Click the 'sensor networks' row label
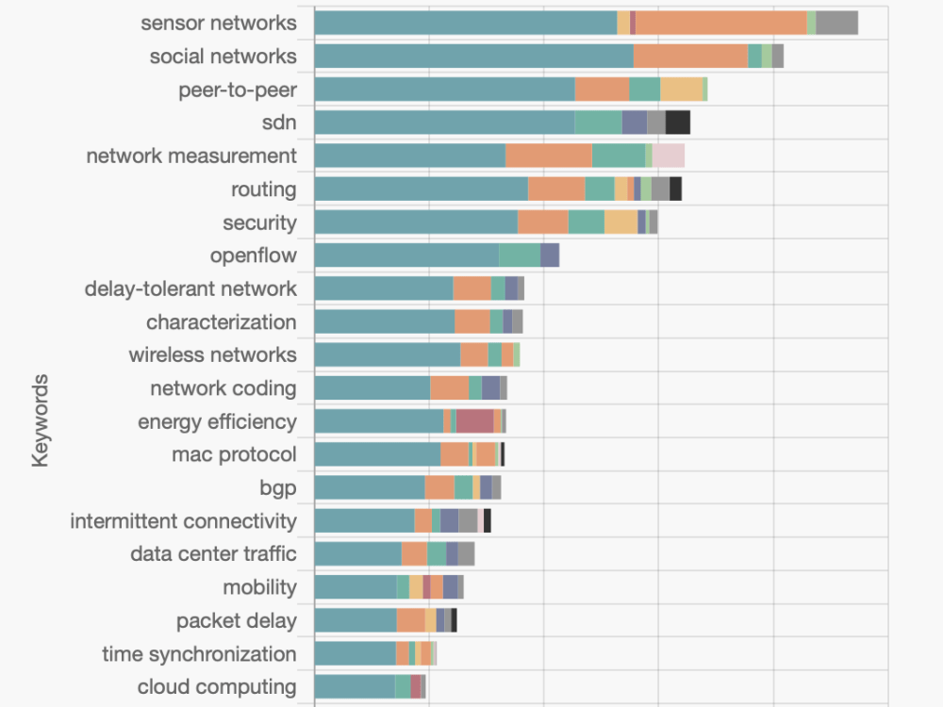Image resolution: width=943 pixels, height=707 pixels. point(218,23)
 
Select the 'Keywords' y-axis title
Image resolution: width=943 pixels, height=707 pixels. point(40,420)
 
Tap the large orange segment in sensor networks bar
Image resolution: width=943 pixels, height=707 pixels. point(720,23)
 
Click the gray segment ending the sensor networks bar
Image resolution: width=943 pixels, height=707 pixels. point(836,23)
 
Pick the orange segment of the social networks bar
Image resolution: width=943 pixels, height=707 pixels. point(690,57)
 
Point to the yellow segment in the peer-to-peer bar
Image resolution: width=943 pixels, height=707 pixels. point(681,90)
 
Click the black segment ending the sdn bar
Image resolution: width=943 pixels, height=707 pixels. point(677,123)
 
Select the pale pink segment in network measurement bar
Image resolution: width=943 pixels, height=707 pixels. point(668,156)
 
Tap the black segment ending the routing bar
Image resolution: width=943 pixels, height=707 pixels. point(675,189)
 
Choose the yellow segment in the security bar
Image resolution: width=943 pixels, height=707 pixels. point(620,222)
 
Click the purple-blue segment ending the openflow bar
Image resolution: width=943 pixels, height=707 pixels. point(550,255)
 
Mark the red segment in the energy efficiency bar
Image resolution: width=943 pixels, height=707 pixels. point(474,421)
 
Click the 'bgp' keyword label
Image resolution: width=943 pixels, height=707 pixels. point(277,487)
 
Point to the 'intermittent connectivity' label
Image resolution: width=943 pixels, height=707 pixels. point(183,521)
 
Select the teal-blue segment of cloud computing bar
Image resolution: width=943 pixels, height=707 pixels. point(354,686)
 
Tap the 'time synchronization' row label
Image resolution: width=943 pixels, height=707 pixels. point(199,653)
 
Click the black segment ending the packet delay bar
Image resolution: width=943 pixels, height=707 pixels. point(455,620)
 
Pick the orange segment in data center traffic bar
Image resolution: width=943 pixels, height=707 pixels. point(414,554)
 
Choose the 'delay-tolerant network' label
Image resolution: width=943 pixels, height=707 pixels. point(190,288)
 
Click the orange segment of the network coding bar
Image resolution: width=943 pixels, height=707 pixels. point(450,388)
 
